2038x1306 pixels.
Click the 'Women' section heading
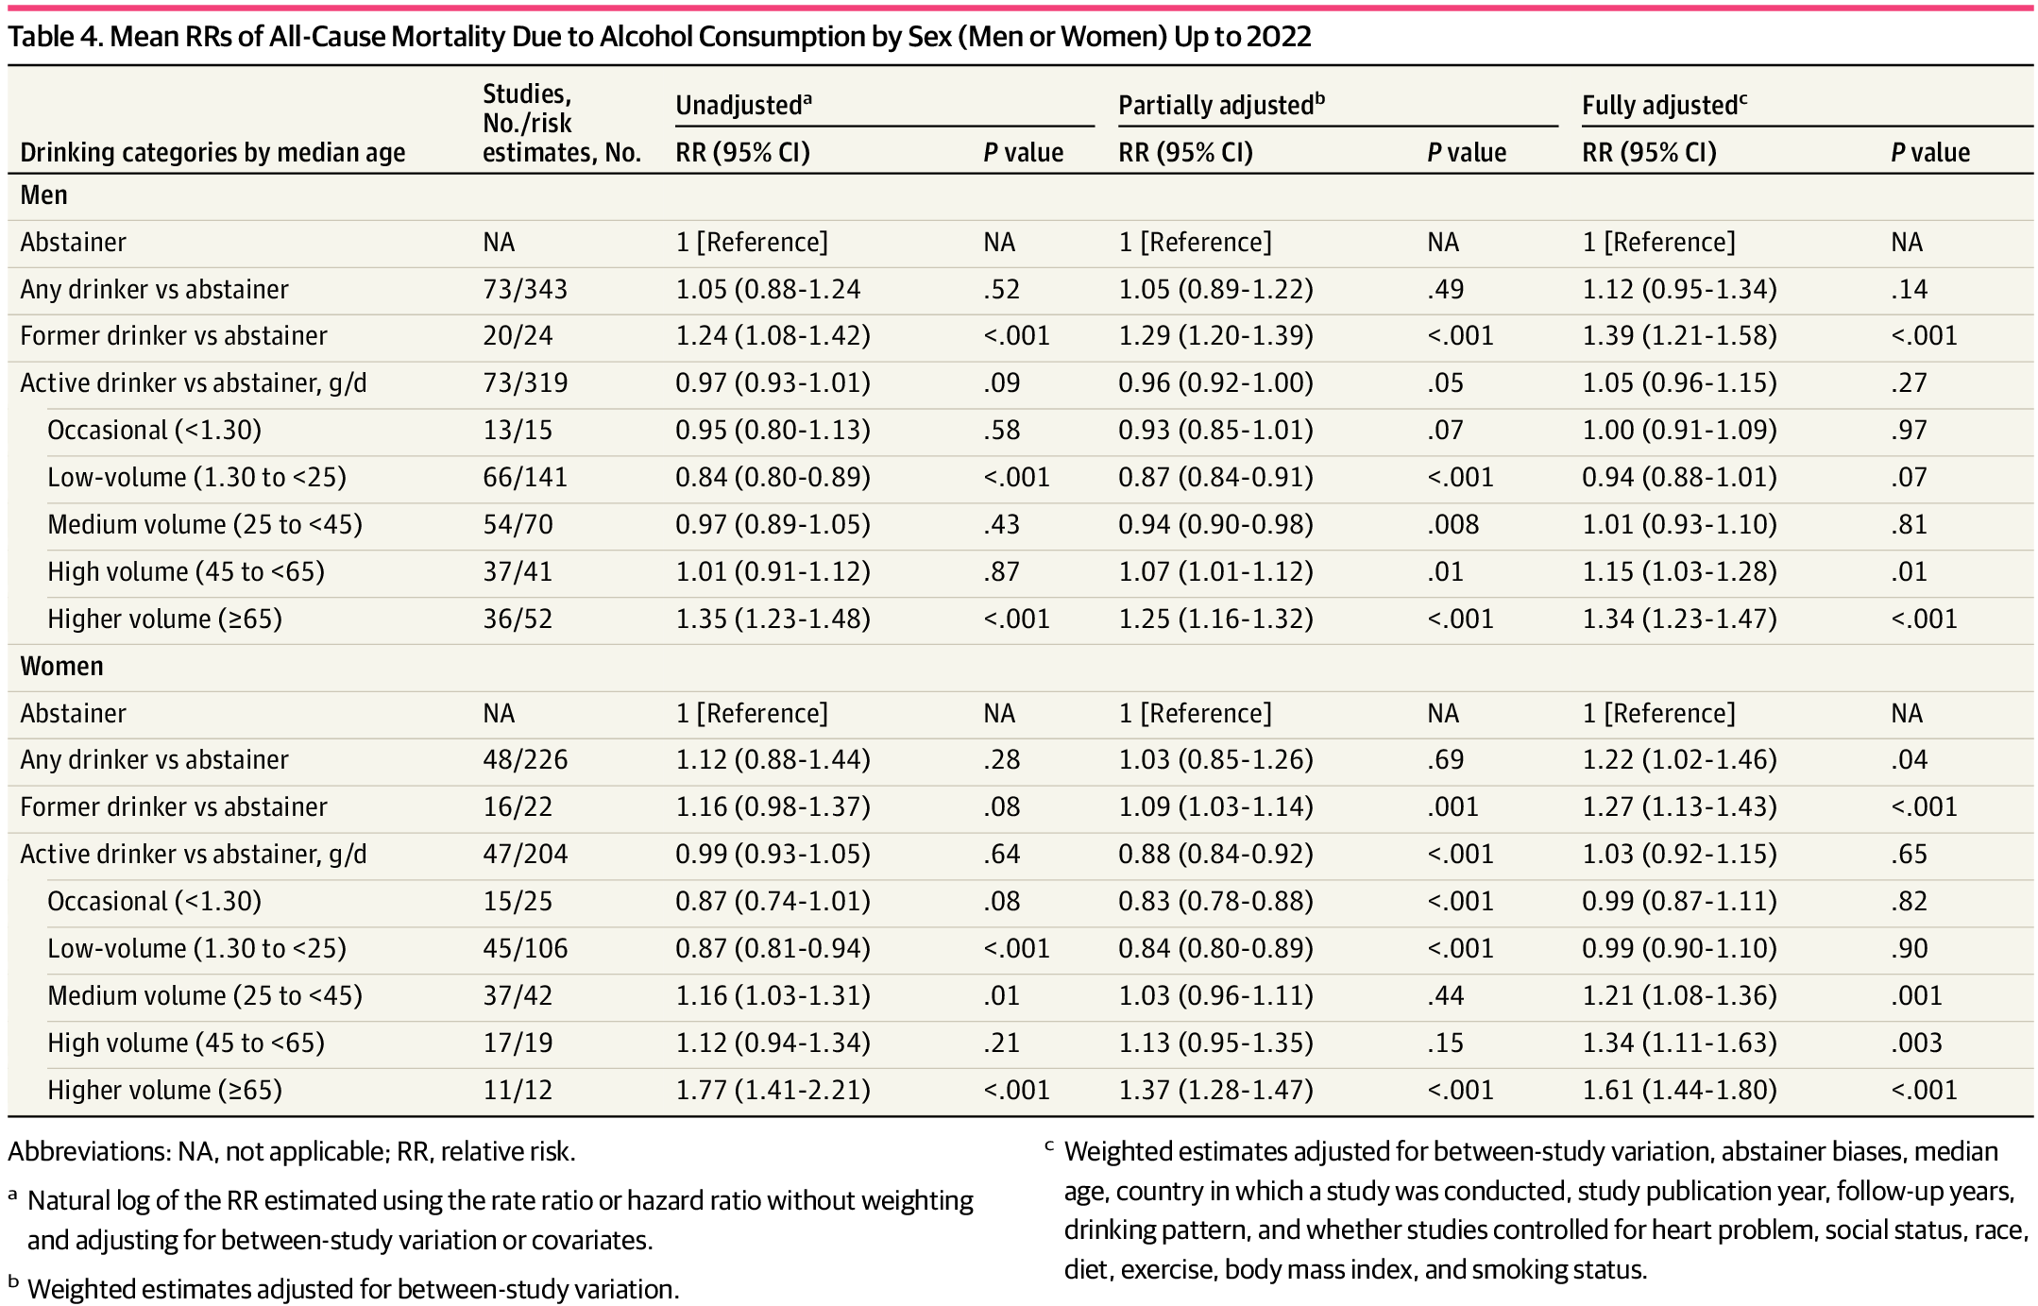point(61,666)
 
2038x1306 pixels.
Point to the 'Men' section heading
point(43,195)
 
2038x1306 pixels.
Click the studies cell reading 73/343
point(525,289)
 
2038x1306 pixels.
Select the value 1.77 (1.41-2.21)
point(773,1090)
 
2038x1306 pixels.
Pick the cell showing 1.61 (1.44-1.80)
point(1679,1090)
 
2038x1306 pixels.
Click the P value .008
point(1452,524)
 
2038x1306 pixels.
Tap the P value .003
point(1916,1043)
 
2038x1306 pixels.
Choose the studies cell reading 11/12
point(518,1090)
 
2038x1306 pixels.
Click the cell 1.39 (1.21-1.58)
point(1679,335)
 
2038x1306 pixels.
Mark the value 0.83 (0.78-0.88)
point(1215,901)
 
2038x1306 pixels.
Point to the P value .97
point(1909,430)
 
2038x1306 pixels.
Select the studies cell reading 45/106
point(525,948)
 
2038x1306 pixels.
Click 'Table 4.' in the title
point(54,36)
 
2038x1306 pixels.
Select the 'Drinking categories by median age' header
point(212,152)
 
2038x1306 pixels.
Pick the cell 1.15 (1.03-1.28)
point(1679,571)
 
